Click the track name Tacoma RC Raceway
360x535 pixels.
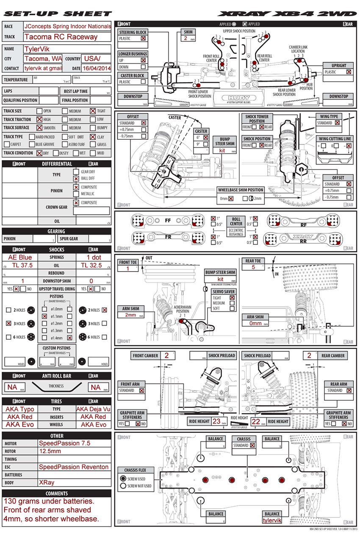coord(61,37)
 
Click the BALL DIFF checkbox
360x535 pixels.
coord(76,179)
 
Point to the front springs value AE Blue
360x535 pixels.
coord(20,257)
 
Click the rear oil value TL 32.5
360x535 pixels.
coord(94,265)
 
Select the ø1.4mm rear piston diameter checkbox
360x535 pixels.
coord(69,338)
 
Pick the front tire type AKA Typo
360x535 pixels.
coord(20,409)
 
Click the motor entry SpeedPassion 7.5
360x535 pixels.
coord(64,443)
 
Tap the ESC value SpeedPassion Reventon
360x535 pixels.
coord(74,467)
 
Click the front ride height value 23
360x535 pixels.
coord(216,421)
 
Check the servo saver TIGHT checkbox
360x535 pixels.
coord(232,298)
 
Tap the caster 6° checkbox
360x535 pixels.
coord(205,137)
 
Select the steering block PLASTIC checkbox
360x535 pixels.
coord(143,39)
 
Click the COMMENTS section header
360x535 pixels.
coord(57,493)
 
